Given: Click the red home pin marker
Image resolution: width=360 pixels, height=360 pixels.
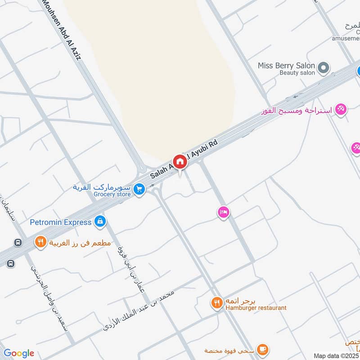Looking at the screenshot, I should coord(180,161).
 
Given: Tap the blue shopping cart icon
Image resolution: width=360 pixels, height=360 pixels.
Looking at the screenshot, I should coord(139,189).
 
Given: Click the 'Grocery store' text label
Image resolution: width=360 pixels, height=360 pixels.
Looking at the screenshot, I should coord(112,194).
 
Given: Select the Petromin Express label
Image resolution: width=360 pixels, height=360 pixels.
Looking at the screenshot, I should coord(61,221).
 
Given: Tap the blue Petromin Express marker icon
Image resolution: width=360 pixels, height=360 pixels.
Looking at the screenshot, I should coord(100,221).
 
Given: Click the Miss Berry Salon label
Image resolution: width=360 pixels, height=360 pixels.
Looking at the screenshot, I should coord(286,66).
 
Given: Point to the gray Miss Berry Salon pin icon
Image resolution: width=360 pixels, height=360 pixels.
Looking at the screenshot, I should coord(323,68).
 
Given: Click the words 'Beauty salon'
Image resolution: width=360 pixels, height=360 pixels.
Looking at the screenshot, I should coord(297,72).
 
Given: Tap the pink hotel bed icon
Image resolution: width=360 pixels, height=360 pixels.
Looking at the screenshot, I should coord(223,212).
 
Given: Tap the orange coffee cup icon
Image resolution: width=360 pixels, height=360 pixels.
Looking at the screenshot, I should coord(262,349).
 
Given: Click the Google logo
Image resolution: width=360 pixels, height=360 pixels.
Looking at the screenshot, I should coord(19,353).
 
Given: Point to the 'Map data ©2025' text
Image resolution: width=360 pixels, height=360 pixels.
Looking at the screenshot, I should coord(336,355).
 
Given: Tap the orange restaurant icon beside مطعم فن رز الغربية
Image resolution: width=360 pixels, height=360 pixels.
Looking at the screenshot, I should coord(41,242).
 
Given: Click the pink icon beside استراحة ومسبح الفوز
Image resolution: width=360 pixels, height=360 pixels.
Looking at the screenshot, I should coord(341,109).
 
